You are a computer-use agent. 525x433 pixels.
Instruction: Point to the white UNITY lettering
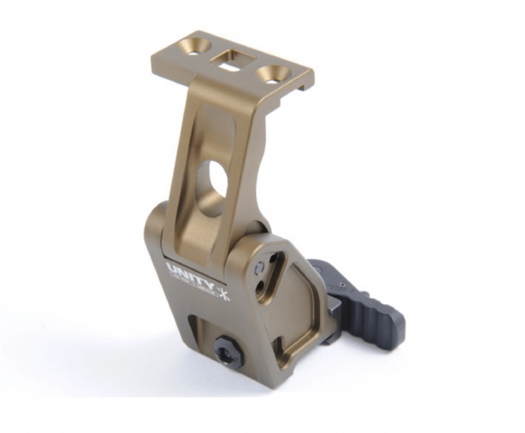click(x=189, y=271)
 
